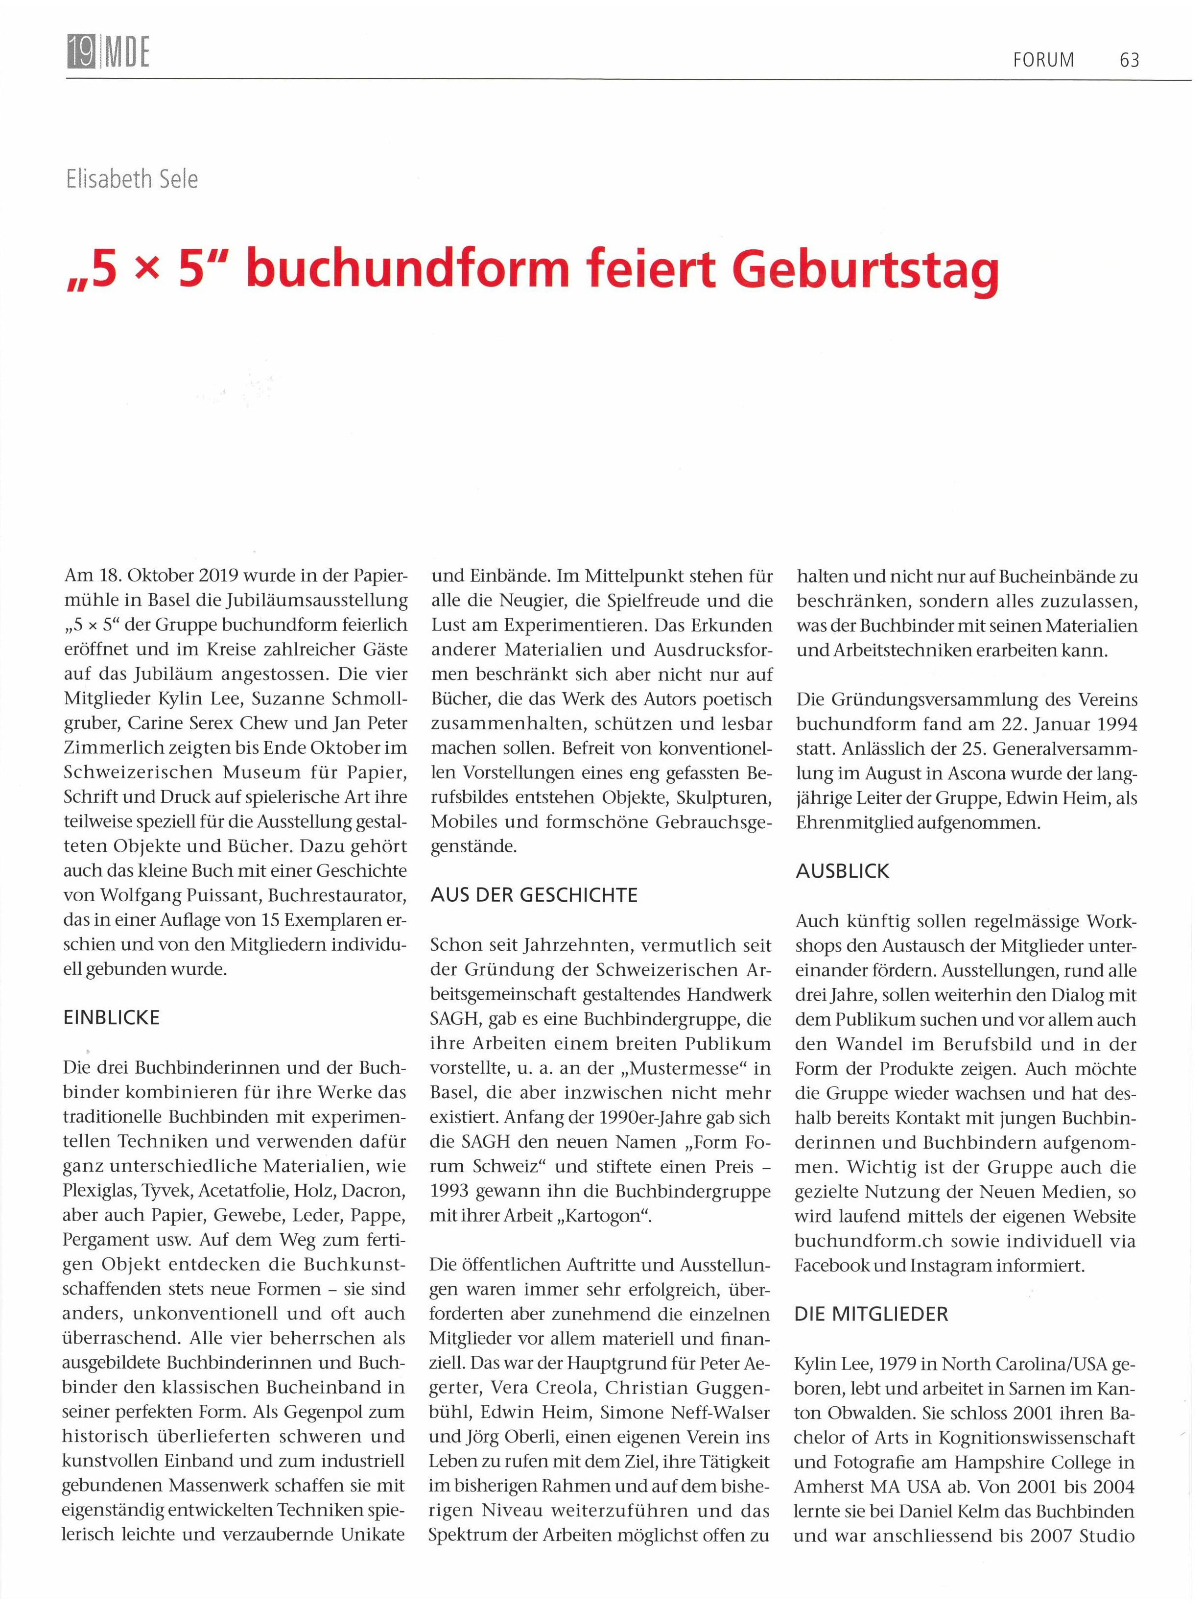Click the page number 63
[1129, 60]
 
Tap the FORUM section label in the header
[1043, 60]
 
